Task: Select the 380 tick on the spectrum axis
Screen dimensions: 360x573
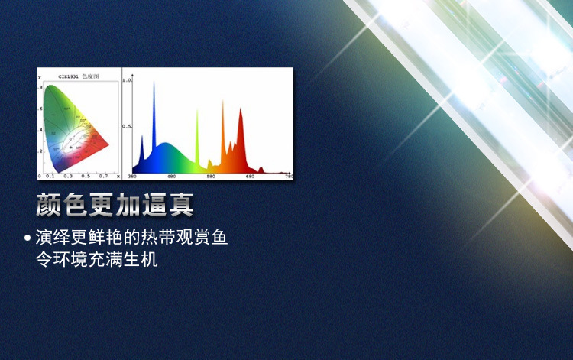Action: point(132,177)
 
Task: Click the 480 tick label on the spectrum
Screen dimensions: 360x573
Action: point(171,177)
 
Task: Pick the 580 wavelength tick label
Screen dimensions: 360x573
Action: point(211,177)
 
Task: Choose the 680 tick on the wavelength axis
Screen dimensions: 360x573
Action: point(250,177)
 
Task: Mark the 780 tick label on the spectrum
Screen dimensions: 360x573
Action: point(288,177)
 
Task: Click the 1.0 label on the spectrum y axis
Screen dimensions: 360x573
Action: point(128,80)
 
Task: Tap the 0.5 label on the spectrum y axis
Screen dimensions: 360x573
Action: point(128,126)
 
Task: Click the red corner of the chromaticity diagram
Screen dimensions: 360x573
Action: point(108,143)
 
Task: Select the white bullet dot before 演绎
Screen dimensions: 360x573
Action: point(28,238)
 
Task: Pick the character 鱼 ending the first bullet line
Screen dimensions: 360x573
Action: point(219,238)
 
